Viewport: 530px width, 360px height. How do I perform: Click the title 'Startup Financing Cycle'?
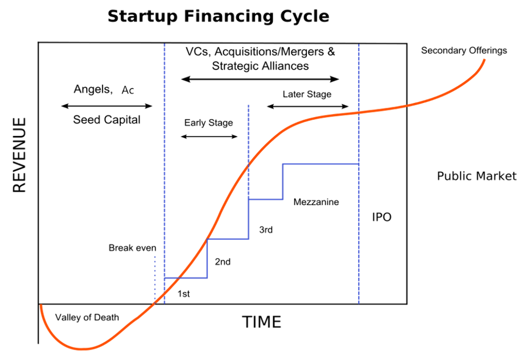tap(218, 16)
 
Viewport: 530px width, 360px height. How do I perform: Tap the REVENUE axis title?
tap(19, 155)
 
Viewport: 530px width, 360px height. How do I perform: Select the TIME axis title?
tap(261, 322)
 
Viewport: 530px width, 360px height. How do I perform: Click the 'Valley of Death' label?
tap(87, 317)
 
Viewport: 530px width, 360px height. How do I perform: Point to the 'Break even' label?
tap(132, 248)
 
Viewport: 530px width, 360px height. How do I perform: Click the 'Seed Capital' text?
tap(107, 119)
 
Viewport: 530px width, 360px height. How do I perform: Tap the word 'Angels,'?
tap(93, 89)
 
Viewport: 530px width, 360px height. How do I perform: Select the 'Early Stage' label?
tap(209, 123)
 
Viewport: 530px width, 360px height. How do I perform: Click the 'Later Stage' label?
tap(307, 94)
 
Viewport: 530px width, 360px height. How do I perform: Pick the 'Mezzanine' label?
tap(316, 202)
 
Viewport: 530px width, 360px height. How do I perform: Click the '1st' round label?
tap(184, 294)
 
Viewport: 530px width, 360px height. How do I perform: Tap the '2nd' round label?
tap(223, 261)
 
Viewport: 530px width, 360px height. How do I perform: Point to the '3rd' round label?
tap(266, 229)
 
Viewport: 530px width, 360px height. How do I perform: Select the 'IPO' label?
tap(382, 217)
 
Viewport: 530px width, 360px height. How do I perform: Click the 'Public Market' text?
tap(476, 176)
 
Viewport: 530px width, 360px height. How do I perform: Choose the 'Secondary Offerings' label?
tap(464, 50)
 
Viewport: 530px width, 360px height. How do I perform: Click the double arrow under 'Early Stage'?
tap(209, 137)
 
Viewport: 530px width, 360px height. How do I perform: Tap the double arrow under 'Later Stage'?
tap(308, 106)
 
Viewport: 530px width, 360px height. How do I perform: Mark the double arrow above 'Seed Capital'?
tap(107, 106)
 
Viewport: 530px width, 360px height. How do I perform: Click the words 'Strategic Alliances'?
tap(260, 66)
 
